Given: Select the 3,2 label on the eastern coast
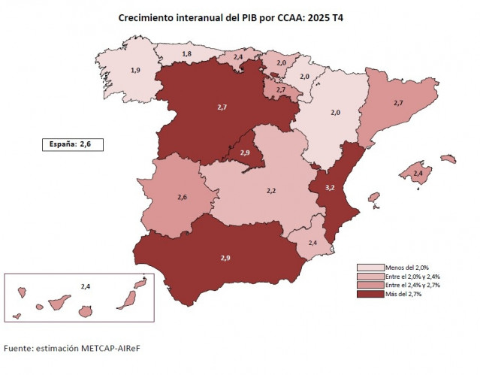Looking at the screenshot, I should pyautogui.click(x=330, y=186).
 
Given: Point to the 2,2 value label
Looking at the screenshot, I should pyautogui.click(x=271, y=192).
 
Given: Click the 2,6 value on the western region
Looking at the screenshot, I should pyautogui.click(x=182, y=197).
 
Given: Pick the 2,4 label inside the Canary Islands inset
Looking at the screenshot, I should pyautogui.click(x=86, y=286).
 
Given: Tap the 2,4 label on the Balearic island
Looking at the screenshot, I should pyautogui.click(x=418, y=174).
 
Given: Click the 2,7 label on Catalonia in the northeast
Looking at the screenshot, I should pyautogui.click(x=399, y=102).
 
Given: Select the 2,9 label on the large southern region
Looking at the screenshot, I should pyautogui.click(x=225, y=259).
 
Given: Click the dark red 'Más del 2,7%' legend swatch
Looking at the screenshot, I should pyautogui.click(x=370, y=294).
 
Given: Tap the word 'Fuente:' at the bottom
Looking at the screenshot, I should pyautogui.click(x=22, y=349).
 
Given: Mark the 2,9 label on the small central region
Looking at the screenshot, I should pyautogui.click(x=245, y=153).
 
